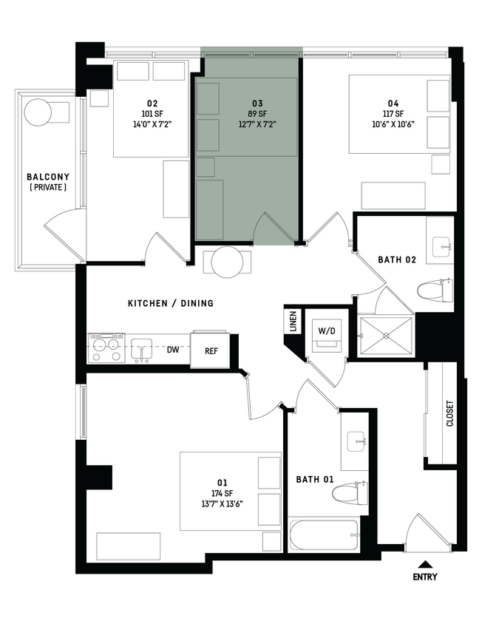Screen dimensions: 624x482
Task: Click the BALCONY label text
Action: pyautogui.click(x=48, y=177)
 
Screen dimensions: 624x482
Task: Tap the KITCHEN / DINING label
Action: pyautogui.click(x=171, y=303)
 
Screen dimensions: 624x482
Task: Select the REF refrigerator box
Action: pyautogui.click(x=211, y=351)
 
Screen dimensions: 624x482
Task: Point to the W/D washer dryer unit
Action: pyautogui.click(x=325, y=330)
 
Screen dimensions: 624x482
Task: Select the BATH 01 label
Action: pyautogui.click(x=315, y=479)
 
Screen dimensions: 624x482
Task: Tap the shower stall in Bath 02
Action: pyautogui.click(x=385, y=336)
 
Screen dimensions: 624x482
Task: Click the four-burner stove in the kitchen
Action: pyautogui.click(x=106, y=347)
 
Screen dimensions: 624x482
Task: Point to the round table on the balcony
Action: pyautogui.click(x=38, y=114)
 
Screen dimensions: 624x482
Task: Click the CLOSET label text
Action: pyautogui.click(x=450, y=414)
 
